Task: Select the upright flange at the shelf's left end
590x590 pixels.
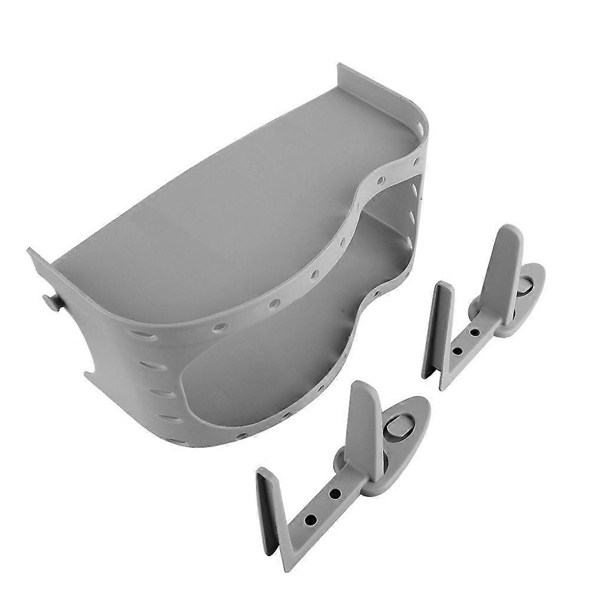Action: point(37,265)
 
